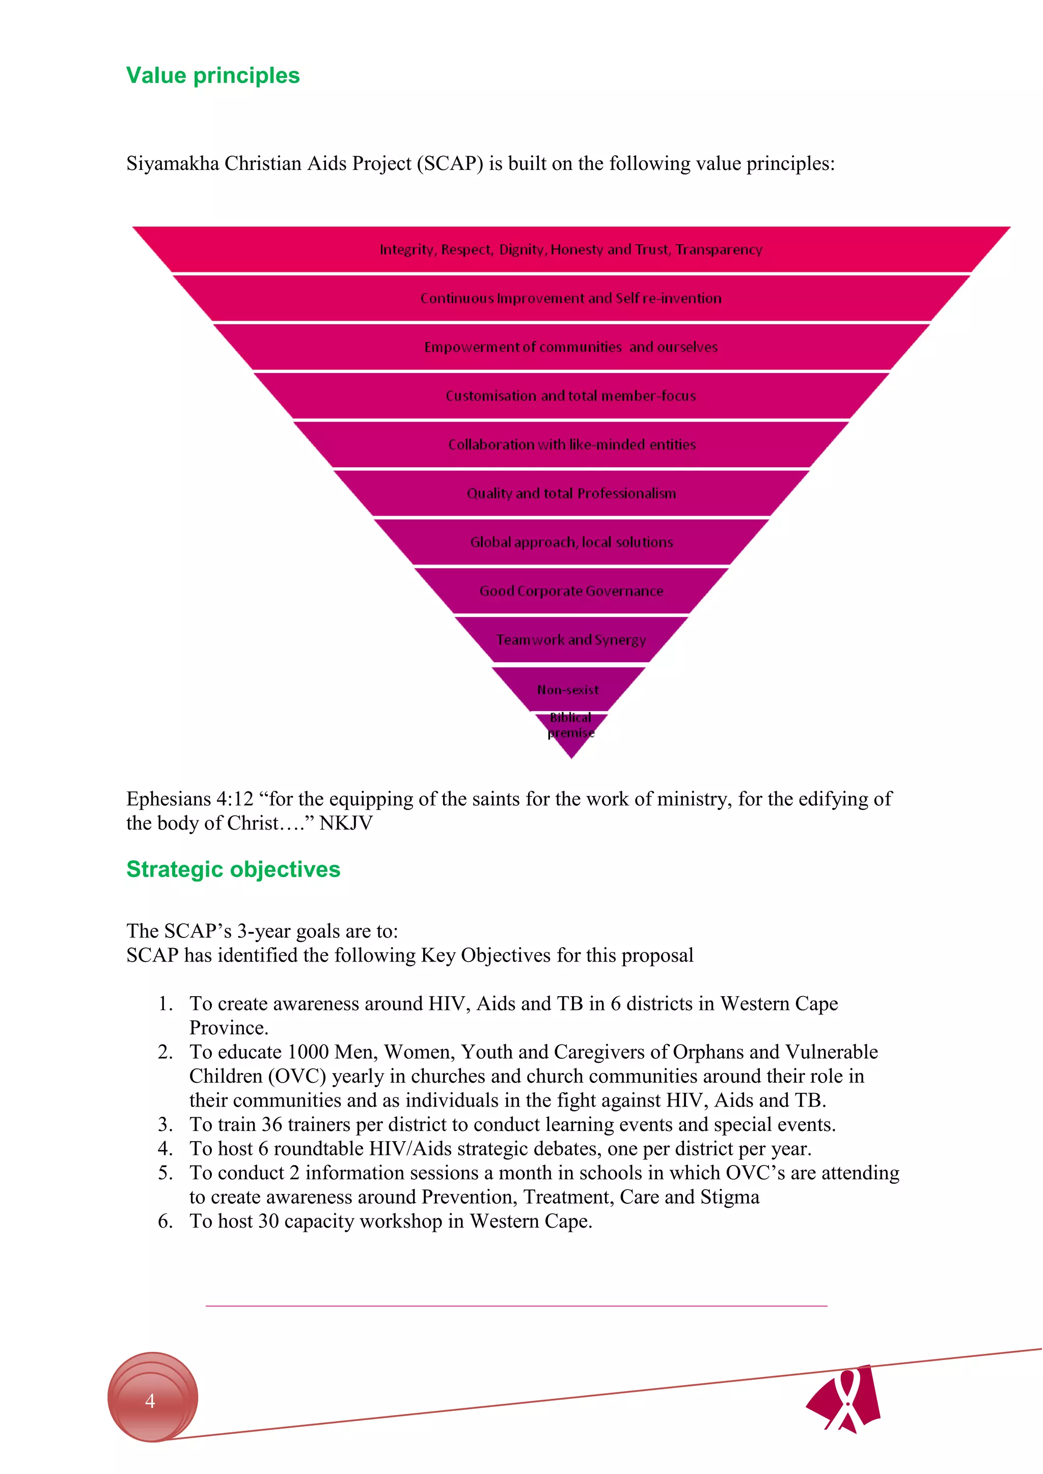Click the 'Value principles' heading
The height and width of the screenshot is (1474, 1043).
pyautogui.click(x=212, y=76)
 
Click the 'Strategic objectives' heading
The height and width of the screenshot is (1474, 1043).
pyautogui.click(x=233, y=869)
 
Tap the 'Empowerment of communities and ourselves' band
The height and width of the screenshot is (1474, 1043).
pyautogui.click(x=570, y=347)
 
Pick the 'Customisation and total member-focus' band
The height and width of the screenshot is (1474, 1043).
pyautogui.click(x=570, y=395)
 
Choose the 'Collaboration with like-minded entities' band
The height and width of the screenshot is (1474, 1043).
pyautogui.click(x=571, y=444)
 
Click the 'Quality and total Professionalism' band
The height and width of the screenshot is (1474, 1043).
pyautogui.click(x=571, y=493)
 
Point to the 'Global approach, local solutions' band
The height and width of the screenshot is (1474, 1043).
pyautogui.click(x=571, y=542)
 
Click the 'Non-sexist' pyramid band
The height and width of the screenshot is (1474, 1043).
pyautogui.click(x=568, y=690)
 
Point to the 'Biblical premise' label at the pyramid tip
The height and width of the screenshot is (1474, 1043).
pyautogui.click(x=571, y=725)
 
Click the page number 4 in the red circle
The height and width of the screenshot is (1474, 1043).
pyautogui.click(x=150, y=1401)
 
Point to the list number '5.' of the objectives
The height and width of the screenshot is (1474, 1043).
pyautogui.click(x=166, y=1172)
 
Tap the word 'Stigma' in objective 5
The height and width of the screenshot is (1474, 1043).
pyautogui.click(x=730, y=1197)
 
